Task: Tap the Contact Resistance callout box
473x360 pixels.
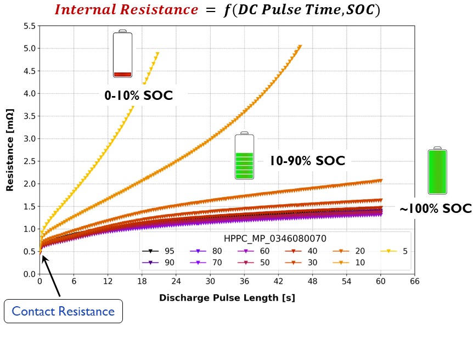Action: pos(63,312)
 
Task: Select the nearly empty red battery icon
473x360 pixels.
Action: pos(122,54)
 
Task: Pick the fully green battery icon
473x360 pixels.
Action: pos(437,171)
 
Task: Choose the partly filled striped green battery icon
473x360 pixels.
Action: pos(245,156)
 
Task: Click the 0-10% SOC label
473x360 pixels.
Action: pos(139,96)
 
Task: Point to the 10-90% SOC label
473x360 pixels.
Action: pos(307,161)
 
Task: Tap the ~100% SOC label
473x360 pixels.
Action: pos(435,209)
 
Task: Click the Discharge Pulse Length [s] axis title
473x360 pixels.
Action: pos(227,298)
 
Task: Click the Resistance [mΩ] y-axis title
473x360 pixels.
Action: pos(10,149)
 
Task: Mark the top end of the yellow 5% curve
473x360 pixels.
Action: pos(157,54)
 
